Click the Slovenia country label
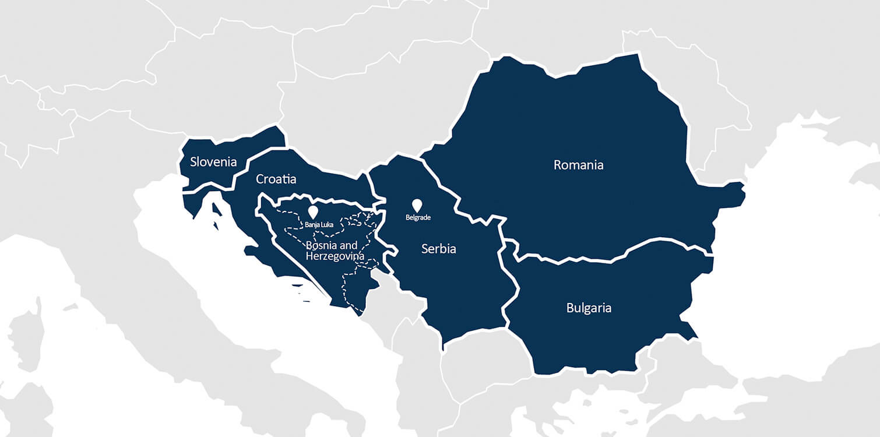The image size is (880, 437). (213, 161)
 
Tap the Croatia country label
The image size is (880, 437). (276, 179)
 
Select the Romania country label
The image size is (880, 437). (578, 165)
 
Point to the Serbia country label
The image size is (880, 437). (438, 249)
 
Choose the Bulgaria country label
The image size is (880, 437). (589, 308)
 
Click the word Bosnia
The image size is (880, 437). (322, 245)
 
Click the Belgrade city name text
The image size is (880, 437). (417, 218)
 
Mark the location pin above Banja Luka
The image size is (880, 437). (313, 212)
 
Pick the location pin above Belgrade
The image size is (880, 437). (417, 205)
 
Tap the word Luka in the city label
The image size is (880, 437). (326, 224)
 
